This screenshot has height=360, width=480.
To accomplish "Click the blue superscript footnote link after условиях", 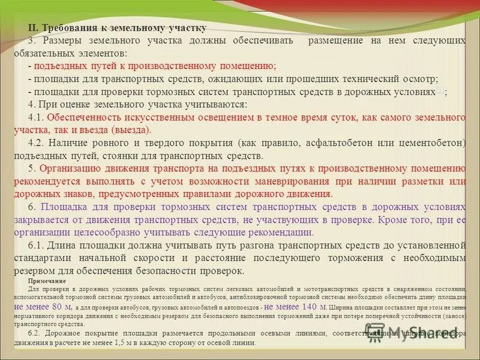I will pyautogui.click(x=440, y=90).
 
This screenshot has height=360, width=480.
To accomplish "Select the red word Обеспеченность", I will pyautogui.click(x=82, y=116).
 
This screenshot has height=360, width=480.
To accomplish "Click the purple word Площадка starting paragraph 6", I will pyautogui.click(x=65, y=207).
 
